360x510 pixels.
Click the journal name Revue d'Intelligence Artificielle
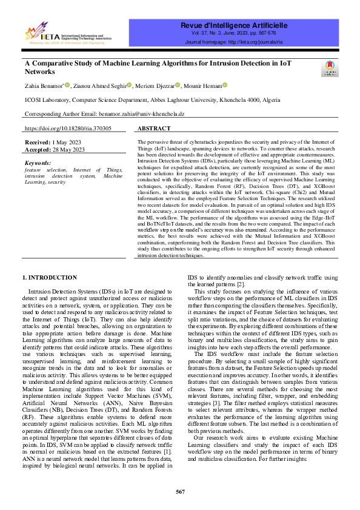(x=233, y=25)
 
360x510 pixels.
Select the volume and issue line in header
(x=233, y=35)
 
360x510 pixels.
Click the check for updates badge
(x=330, y=68)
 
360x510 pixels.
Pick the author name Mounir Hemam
(x=203, y=85)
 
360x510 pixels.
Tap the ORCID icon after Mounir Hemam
(x=225, y=84)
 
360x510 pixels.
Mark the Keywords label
(x=38, y=163)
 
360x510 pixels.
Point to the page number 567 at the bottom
(x=180, y=491)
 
